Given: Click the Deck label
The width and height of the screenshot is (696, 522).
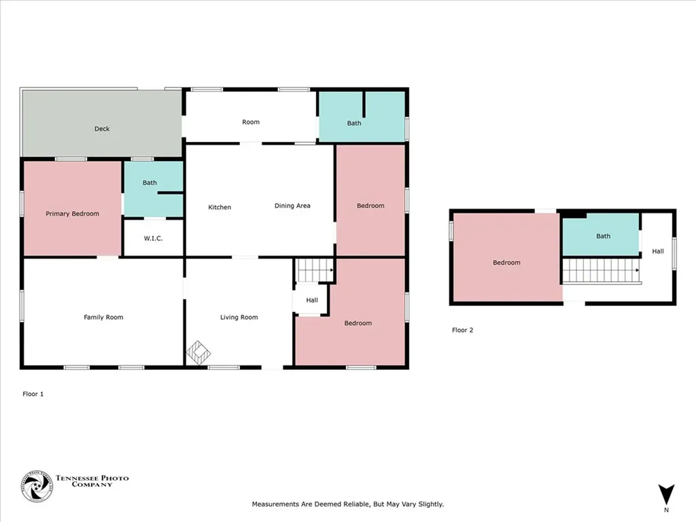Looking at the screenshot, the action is pyautogui.click(x=102, y=128).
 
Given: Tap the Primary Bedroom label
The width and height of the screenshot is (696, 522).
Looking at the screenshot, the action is pyautogui.click(x=72, y=213).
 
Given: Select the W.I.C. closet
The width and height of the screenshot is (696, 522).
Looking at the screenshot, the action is pyautogui.click(x=153, y=237).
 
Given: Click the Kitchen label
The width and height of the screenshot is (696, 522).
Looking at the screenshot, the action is pyautogui.click(x=220, y=207).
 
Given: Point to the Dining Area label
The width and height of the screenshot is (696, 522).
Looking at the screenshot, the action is pyautogui.click(x=292, y=205).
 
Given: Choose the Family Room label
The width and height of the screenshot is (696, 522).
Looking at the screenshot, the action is pyautogui.click(x=103, y=317).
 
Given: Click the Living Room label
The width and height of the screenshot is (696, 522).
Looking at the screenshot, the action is pyautogui.click(x=239, y=317).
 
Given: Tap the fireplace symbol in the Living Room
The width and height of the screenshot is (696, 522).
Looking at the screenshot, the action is pyautogui.click(x=198, y=353).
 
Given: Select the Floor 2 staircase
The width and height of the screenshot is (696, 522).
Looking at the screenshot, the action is pyautogui.click(x=602, y=271).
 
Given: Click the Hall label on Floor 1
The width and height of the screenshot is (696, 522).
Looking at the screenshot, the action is pyautogui.click(x=312, y=300).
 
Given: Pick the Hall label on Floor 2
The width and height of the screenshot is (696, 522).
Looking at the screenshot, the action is pyautogui.click(x=658, y=251).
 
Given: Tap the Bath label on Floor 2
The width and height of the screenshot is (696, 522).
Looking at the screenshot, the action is pyautogui.click(x=604, y=236).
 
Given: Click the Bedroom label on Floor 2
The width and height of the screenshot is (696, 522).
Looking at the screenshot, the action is pyautogui.click(x=506, y=262).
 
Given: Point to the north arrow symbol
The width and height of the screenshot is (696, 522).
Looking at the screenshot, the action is pyautogui.click(x=666, y=495).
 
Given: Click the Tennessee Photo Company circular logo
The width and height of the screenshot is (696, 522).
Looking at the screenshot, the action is pyautogui.click(x=37, y=487).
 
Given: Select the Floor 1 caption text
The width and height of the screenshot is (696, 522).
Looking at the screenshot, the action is pyautogui.click(x=33, y=394).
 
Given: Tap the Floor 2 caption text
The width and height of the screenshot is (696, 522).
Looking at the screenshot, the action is pyautogui.click(x=462, y=330).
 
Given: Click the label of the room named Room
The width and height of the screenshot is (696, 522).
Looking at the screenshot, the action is pyautogui.click(x=251, y=122).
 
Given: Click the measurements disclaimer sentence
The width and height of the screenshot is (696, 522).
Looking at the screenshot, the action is pyautogui.click(x=348, y=504).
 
